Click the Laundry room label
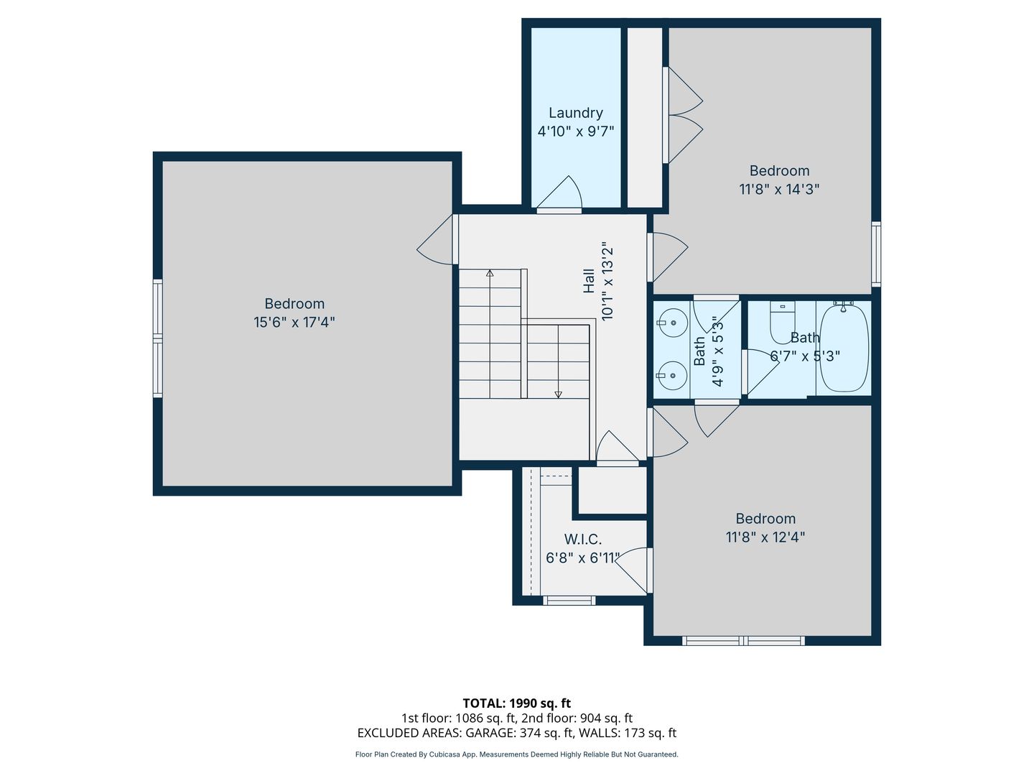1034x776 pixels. point(575,113)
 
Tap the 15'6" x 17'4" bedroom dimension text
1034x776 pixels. point(294,323)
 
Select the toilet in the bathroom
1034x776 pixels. point(782,323)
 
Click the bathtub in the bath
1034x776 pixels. point(844,348)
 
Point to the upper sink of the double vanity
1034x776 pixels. point(672,323)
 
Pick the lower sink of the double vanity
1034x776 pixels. point(672,375)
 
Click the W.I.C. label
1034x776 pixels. point(583,539)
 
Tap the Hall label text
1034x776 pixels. point(589,281)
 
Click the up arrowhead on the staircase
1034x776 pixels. point(490,273)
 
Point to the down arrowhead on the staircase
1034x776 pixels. point(558,394)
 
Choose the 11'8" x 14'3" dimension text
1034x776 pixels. point(779,190)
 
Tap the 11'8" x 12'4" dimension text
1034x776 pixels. point(765,537)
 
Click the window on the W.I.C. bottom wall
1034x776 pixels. point(569,601)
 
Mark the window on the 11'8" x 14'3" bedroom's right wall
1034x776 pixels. point(876,254)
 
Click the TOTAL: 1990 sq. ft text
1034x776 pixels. point(517,703)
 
